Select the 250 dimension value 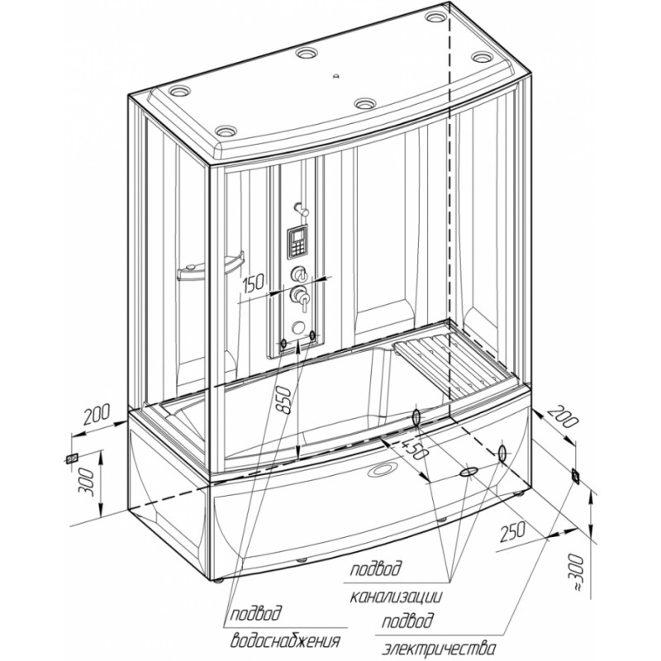(x=512, y=532)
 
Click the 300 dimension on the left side (x=88, y=482)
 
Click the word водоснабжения (x=285, y=641)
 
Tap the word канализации (x=397, y=597)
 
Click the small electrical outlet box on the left (x=71, y=458)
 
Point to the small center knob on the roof (x=336, y=76)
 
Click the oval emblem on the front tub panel (x=383, y=469)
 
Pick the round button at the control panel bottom (x=298, y=327)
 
